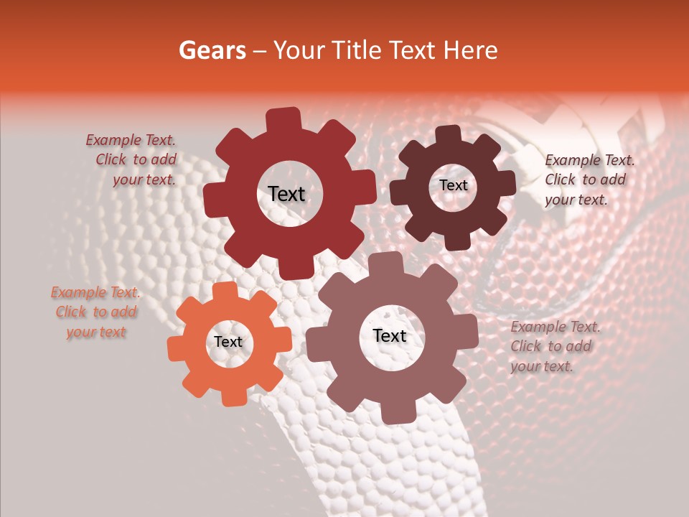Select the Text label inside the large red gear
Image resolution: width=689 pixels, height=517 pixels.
[286, 194]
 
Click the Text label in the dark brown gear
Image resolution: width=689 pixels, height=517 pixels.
[453, 185]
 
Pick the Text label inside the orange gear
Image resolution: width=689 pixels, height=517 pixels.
[228, 343]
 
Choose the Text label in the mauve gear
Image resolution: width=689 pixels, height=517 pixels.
[390, 336]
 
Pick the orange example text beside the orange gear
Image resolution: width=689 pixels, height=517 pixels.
[95, 312]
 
